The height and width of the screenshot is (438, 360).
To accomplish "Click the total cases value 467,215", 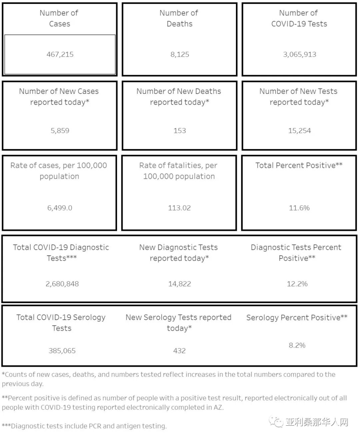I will pyautogui.click(x=60, y=54).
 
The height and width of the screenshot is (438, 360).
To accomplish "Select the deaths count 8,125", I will pyautogui.click(x=180, y=54).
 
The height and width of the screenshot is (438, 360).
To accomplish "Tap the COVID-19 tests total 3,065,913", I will pyautogui.click(x=299, y=54).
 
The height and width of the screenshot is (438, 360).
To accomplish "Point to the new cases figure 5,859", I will pyautogui.click(x=60, y=131).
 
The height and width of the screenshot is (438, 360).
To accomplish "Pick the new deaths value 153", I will pyautogui.click(x=180, y=131).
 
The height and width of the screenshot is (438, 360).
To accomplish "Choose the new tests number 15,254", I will pyautogui.click(x=299, y=131).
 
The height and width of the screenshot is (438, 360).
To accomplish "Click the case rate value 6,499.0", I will pyautogui.click(x=60, y=208).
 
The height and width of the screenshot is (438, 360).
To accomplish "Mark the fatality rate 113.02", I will pyautogui.click(x=179, y=208).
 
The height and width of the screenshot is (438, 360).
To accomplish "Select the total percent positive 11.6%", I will pyautogui.click(x=299, y=208).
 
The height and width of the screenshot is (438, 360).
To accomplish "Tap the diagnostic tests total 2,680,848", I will pyautogui.click(x=62, y=284).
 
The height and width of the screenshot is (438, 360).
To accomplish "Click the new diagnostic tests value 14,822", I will pyautogui.click(x=179, y=284).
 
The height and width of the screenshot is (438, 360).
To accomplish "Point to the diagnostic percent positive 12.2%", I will pyautogui.click(x=297, y=284).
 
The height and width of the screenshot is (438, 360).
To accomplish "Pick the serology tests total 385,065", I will pyautogui.click(x=62, y=350).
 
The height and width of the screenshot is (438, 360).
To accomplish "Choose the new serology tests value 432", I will pyautogui.click(x=179, y=350).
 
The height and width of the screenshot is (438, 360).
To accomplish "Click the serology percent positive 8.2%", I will pyautogui.click(x=297, y=345).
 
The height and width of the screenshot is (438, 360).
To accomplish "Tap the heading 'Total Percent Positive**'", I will pyautogui.click(x=299, y=165).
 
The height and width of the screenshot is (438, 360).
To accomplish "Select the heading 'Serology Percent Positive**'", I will pyautogui.click(x=297, y=317).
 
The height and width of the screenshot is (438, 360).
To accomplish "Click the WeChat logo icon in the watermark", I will pyautogui.click(x=276, y=422).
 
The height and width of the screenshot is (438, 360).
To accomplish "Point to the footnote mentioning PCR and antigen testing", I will pyautogui.click(x=84, y=426).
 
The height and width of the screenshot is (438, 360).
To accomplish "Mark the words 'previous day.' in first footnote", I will pyautogui.click(x=22, y=384).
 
